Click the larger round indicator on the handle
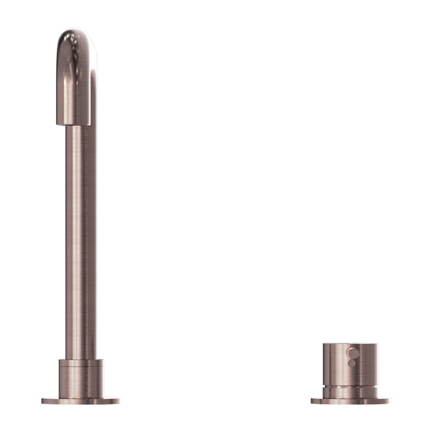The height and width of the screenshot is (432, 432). (x=353, y=353)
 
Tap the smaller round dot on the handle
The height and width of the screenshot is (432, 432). (x=352, y=363)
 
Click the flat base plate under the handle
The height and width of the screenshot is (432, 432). (x=350, y=401)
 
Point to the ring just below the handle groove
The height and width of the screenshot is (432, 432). (x=350, y=392)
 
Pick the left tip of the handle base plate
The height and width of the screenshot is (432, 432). (x=312, y=401)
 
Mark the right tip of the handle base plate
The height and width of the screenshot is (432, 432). (x=389, y=401)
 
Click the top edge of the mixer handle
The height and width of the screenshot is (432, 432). (x=350, y=344)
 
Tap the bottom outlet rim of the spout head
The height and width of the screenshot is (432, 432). (x=73, y=124)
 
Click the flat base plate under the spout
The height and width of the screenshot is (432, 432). (x=81, y=401)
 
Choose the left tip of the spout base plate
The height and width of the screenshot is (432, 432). (x=43, y=401)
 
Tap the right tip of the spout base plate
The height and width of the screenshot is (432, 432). (x=120, y=401)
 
